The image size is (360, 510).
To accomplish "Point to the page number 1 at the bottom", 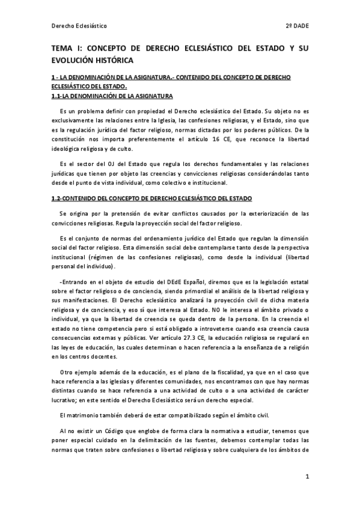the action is (307, 477).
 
